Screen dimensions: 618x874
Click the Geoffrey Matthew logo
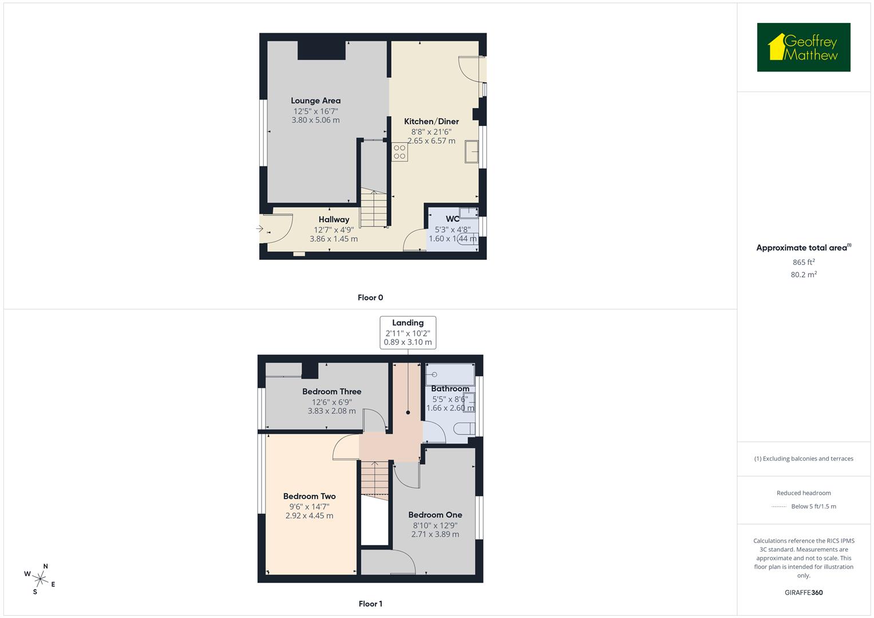[803, 47]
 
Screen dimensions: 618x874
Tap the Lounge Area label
[315, 101]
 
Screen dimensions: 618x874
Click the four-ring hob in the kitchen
[400, 152]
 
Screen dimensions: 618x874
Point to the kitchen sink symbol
[472, 152]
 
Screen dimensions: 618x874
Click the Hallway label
[334, 220]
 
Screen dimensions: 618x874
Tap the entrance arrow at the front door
[259, 229]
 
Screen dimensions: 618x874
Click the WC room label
[452, 219]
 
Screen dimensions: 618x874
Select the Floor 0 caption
[370, 298]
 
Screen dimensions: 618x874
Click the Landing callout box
[408, 332]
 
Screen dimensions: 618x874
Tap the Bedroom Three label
[331, 392]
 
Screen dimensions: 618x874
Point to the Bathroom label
[450, 389]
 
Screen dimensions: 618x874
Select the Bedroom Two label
[309, 497]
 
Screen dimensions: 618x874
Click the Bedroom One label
[435, 515]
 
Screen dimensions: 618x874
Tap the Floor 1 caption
[370, 604]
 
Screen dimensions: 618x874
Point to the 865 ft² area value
[804, 262]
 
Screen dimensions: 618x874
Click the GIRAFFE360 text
[804, 592]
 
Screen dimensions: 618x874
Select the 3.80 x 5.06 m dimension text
[315, 120]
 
